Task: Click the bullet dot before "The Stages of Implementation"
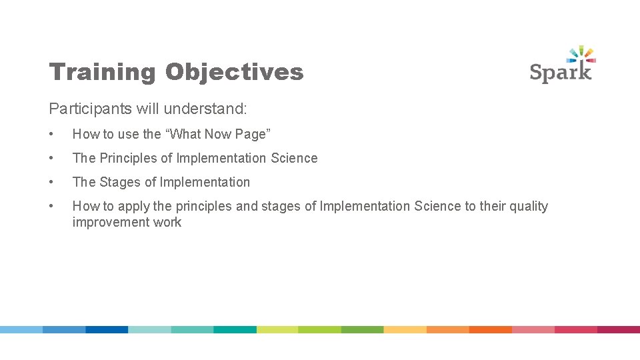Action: point(52,182)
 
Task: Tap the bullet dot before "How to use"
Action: point(52,134)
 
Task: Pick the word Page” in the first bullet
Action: point(252,134)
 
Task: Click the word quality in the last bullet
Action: point(526,206)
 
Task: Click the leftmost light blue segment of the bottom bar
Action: point(21,329)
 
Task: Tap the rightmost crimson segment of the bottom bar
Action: point(618,329)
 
